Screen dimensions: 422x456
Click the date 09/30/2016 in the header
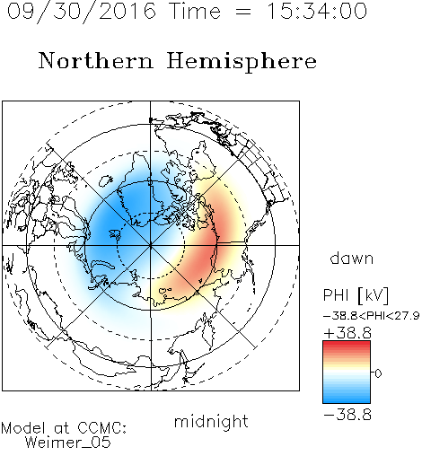[x=82, y=11]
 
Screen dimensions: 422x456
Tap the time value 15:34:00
[x=317, y=11]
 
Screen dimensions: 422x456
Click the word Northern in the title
[x=96, y=60]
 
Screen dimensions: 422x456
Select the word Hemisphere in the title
[x=242, y=62]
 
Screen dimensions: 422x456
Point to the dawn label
[x=352, y=258]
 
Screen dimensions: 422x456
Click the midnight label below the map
[x=211, y=421]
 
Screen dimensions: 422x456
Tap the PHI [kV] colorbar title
[x=356, y=295]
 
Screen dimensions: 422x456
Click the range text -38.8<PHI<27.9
[x=371, y=316]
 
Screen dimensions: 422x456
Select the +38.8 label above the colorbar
[x=347, y=333]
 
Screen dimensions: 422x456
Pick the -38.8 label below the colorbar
[x=347, y=415]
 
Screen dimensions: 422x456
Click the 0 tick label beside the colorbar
[x=378, y=373]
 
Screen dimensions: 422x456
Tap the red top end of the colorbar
[x=347, y=344]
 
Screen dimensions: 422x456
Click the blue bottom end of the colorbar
[x=347, y=400]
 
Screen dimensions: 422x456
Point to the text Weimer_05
[x=68, y=443]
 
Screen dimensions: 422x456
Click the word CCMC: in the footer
[x=101, y=428]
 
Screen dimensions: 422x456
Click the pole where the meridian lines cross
[x=151, y=245]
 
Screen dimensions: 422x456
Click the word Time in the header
[x=195, y=11]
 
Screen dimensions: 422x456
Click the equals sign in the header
[x=243, y=12]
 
